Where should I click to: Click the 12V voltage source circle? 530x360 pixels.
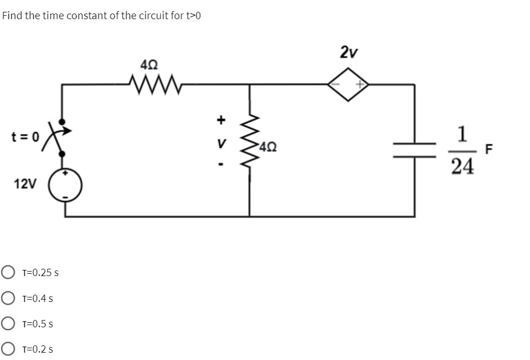(x=66, y=184)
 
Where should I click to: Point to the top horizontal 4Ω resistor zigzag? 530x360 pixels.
(x=152, y=85)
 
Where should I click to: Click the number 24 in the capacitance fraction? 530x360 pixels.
(x=462, y=166)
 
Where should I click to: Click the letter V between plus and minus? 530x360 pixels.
(x=222, y=144)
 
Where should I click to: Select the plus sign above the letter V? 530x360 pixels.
(x=221, y=119)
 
